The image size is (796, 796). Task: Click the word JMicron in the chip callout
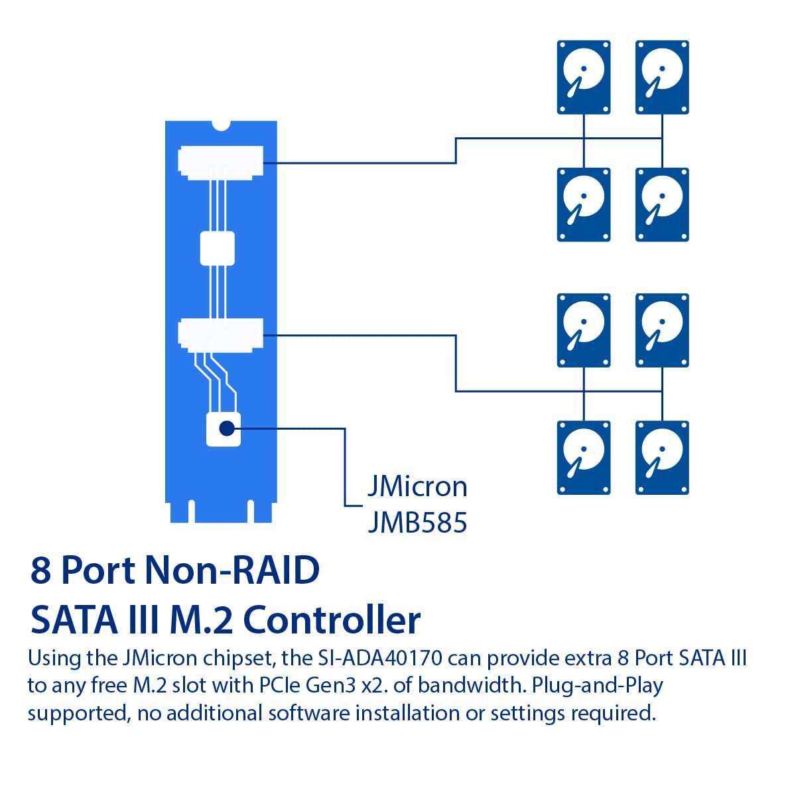pyautogui.click(x=418, y=487)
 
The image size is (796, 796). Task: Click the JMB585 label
pyautogui.click(x=418, y=523)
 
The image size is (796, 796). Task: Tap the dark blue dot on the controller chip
pyautogui.click(x=227, y=429)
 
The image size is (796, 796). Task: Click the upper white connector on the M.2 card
pyautogui.click(x=221, y=163)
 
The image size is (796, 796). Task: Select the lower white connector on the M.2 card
pyautogui.click(x=221, y=335)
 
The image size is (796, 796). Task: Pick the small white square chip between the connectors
pyautogui.click(x=218, y=248)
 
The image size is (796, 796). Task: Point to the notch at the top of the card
pyautogui.click(x=221, y=125)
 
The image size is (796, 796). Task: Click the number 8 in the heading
pyautogui.click(x=40, y=570)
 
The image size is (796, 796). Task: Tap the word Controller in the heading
pyautogui.click(x=332, y=620)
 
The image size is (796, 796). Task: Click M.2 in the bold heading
pyautogui.click(x=201, y=620)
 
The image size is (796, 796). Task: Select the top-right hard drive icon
pyautogui.click(x=662, y=77)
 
